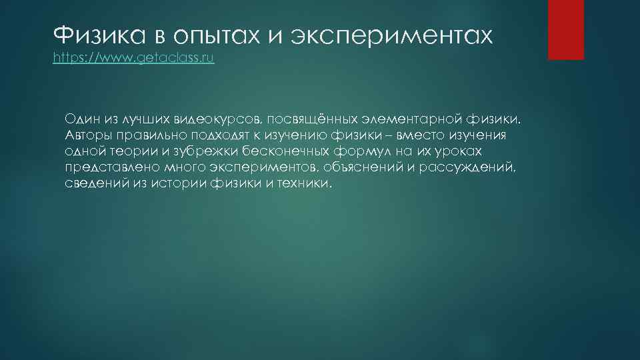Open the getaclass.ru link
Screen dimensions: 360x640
point(133,58)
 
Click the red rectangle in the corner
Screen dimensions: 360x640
point(566,29)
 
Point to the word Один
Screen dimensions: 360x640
point(81,119)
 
